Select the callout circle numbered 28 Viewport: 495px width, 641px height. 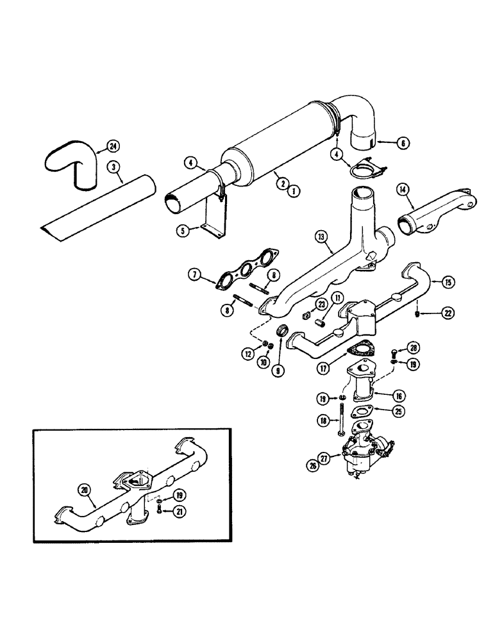pyautogui.click(x=415, y=349)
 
